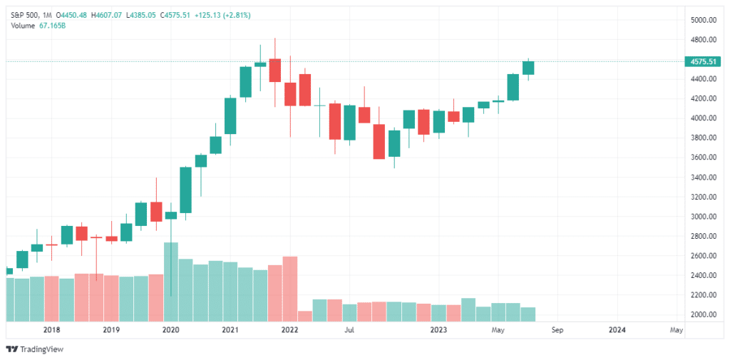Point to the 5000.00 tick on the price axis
(702, 20)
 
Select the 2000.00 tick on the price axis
(702, 314)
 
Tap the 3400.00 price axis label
(702, 177)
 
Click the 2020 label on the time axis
(170, 330)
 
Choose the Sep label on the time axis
(557, 330)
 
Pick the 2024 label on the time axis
(617, 330)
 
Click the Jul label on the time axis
(349, 330)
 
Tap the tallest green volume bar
(171, 282)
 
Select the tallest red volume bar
(289, 288)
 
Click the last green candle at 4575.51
(528, 68)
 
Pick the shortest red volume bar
(304, 316)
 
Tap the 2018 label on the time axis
(51, 330)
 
